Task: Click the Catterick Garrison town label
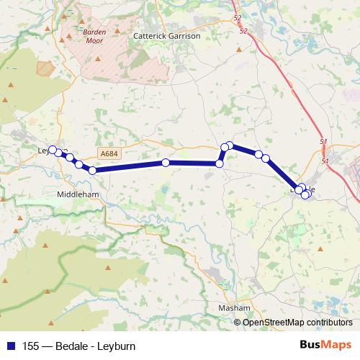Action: click(x=167, y=35)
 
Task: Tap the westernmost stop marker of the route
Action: click(x=52, y=149)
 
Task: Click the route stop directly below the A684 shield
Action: click(x=92, y=170)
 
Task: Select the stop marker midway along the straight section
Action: click(x=166, y=163)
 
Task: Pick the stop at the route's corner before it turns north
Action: click(x=220, y=164)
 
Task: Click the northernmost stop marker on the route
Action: click(x=230, y=145)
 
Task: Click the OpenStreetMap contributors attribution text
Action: click(x=297, y=322)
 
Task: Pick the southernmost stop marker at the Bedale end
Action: click(x=305, y=195)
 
